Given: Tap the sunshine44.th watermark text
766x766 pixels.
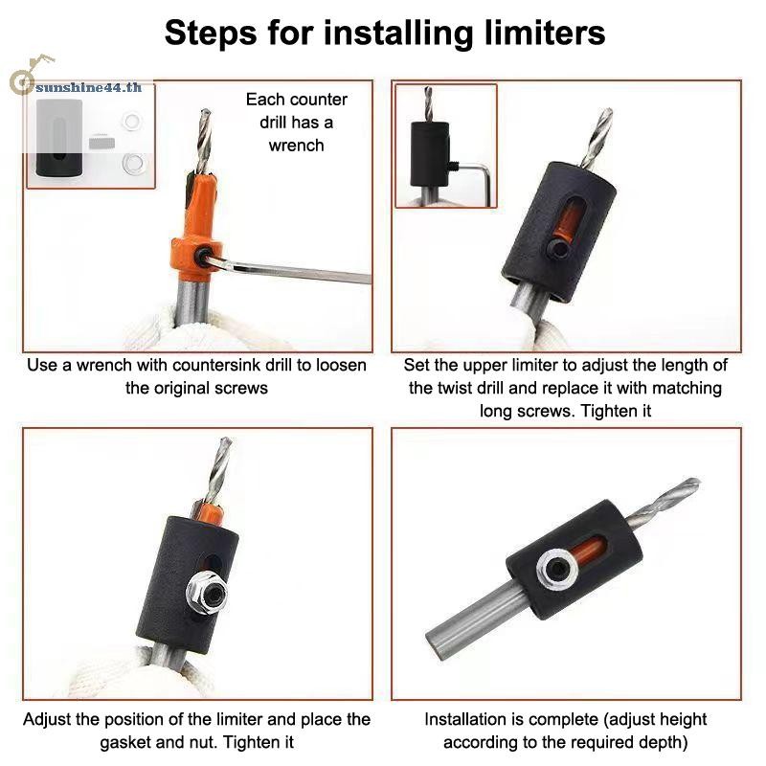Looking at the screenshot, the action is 88,87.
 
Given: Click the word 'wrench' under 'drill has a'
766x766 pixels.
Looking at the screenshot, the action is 296,146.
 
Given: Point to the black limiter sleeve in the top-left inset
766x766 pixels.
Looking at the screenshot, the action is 59,138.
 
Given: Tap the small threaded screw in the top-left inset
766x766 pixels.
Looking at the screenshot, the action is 101,143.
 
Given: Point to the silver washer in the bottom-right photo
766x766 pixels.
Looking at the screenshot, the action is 557,569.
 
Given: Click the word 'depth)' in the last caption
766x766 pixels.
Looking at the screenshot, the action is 662,742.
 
